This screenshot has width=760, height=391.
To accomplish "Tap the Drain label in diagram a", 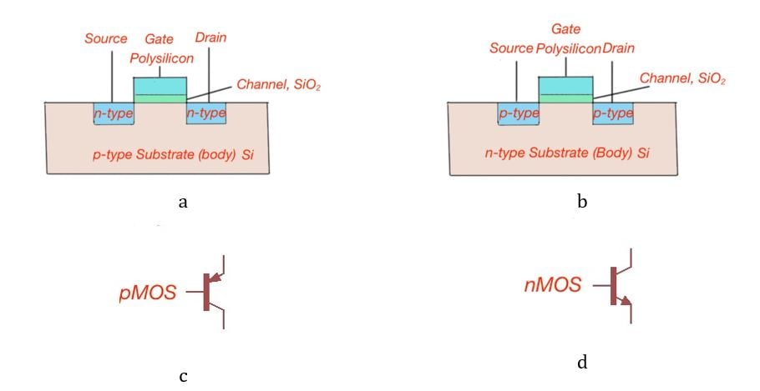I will click(210, 38).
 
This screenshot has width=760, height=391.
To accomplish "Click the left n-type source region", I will click(114, 113).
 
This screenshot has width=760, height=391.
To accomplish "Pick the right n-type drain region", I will click(205, 113).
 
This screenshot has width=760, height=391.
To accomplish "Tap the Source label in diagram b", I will click(511, 48).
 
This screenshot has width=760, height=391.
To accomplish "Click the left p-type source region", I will click(518, 113).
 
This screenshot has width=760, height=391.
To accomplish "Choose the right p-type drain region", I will click(612, 113).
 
